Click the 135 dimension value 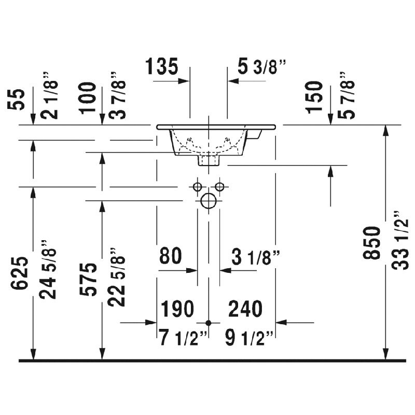162,66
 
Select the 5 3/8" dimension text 261,66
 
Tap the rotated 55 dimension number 16,100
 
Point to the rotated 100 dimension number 88,98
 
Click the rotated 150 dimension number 314,98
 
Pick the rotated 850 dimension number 371,243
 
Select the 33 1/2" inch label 400,241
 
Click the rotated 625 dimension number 19,273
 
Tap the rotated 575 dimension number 88,280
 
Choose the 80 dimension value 171,256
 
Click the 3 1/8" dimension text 256,257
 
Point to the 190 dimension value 177,309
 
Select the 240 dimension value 245,309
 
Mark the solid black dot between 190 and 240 209,323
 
